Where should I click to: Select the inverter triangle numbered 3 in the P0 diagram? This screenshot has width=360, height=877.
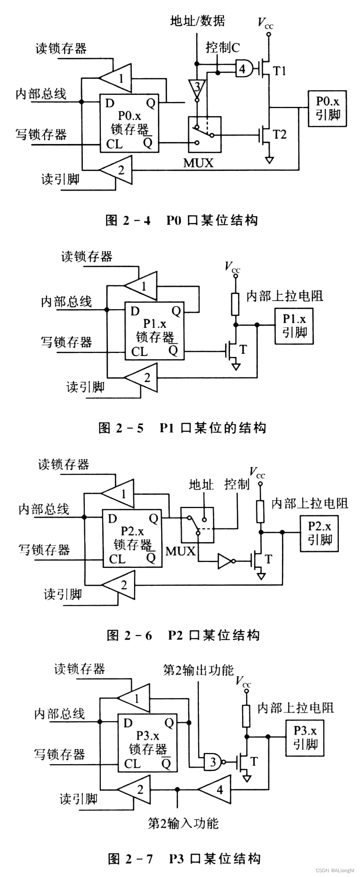(x=197, y=88)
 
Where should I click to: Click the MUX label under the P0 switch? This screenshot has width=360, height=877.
(x=198, y=163)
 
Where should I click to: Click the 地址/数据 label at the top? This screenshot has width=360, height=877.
(x=197, y=21)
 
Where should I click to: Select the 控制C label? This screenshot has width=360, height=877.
(x=222, y=48)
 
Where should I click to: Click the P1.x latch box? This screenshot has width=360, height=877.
(x=155, y=331)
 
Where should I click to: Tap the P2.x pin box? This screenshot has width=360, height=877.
(x=319, y=533)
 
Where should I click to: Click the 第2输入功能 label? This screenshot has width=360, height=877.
(x=183, y=823)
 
